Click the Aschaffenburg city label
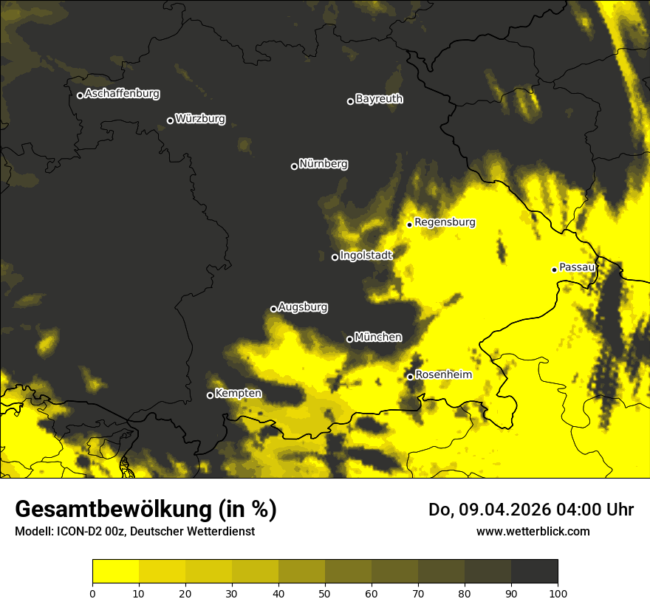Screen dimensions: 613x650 [x=122, y=94]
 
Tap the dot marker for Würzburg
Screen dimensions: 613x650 [x=170, y=120]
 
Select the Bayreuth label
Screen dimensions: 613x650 [x=379, y=99]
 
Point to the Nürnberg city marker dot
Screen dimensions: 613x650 [x=294, y=166]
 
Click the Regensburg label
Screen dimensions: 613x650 [x=445, y=222]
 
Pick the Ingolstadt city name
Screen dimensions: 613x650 [x=366, y=256]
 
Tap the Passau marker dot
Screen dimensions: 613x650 [x=554, y=270]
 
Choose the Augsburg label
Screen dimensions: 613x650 [x=303, y=307]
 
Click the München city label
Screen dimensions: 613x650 [x=378, y=338]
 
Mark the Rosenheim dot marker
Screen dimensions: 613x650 [x=410, y=377]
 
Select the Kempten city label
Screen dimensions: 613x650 [x=238, y=394]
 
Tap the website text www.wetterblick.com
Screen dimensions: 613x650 [x=533, y=531]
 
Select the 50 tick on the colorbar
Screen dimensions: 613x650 [x=325, y=592]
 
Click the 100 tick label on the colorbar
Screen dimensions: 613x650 [x=558, y=592]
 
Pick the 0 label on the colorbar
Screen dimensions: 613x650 [x=92, y=592]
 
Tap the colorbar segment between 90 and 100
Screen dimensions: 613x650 [x=534, y=572]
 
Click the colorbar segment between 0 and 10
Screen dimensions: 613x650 [x=115, y=572]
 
